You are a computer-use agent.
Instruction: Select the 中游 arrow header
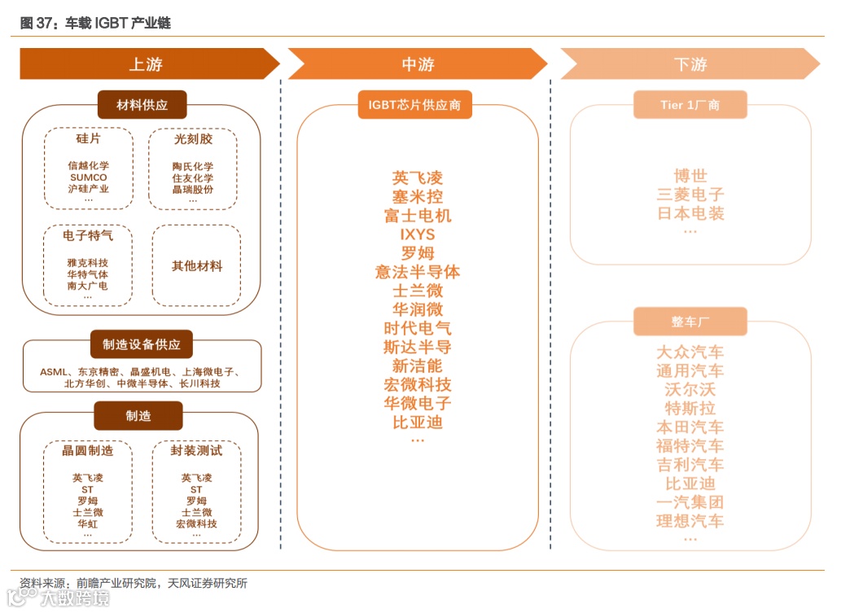click(418, 64)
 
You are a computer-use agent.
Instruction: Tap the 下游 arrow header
click(690, 64)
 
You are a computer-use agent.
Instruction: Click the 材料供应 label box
click(142, 105)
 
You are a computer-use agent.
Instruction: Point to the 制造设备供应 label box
click(142, 344)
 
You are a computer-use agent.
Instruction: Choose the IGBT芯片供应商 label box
click(414, 105)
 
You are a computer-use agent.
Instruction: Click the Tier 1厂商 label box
click(690, 105)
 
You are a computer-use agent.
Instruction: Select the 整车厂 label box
click(690, 322)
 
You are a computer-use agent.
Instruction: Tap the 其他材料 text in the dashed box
click(197, 266)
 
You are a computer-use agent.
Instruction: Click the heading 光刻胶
click(193, 139)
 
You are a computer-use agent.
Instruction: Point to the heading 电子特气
click(88, 236)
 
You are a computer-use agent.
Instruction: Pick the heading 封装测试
click(196, 450)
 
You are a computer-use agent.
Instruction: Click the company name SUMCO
click(88, 177)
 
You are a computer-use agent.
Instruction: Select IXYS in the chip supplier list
click(418, 234)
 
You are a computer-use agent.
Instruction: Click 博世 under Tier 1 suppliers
click(690, 176)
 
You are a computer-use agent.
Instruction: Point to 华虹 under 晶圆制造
click(88, 524)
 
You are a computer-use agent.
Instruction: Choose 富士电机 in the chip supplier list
click(418, 216)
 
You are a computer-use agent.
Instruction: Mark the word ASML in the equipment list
click(54, 372)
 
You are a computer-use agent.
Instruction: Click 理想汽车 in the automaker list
click(690, 521)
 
